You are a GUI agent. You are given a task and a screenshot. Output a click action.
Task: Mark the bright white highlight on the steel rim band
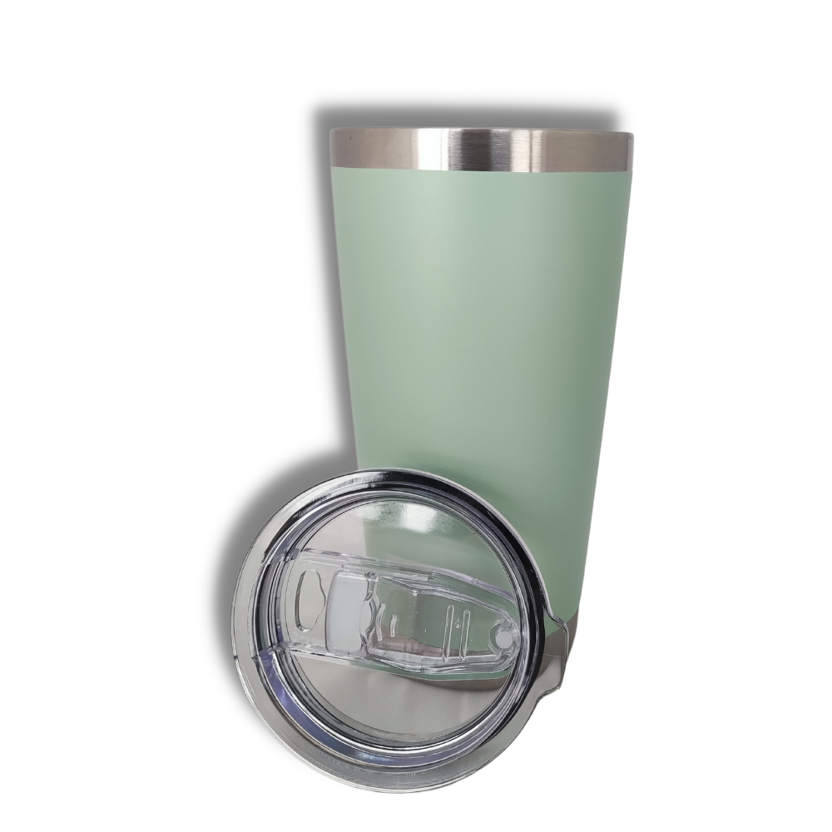click(x=449, y=150)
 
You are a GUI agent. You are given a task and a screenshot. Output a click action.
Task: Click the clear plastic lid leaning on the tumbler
click(x=391, y=632)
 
